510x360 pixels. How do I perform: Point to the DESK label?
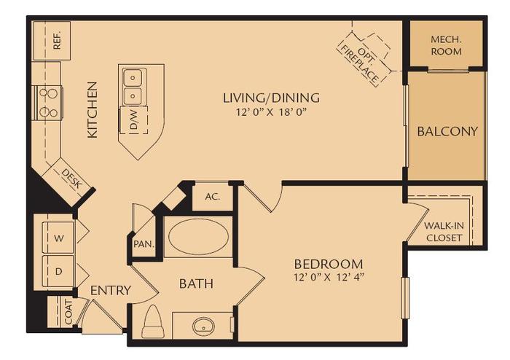(x=70, y=179)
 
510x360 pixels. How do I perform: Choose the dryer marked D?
(x=58, y=270)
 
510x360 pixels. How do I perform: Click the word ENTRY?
(x=111, y=291)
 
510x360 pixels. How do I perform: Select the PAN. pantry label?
(x=142, y=244)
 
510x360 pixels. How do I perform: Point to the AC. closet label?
(x=212, y=196)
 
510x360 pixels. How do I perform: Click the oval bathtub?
(x=199, y=236)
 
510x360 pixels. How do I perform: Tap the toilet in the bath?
(x=153, y=322)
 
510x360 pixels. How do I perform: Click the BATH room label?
(x=196, y=283)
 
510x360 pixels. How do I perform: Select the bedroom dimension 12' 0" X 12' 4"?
(x=328, y=277)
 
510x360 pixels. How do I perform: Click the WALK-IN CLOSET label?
(x=444, y=231)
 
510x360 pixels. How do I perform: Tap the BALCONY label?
(x=447, y=132)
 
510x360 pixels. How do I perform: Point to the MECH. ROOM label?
(x=446, y=46)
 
